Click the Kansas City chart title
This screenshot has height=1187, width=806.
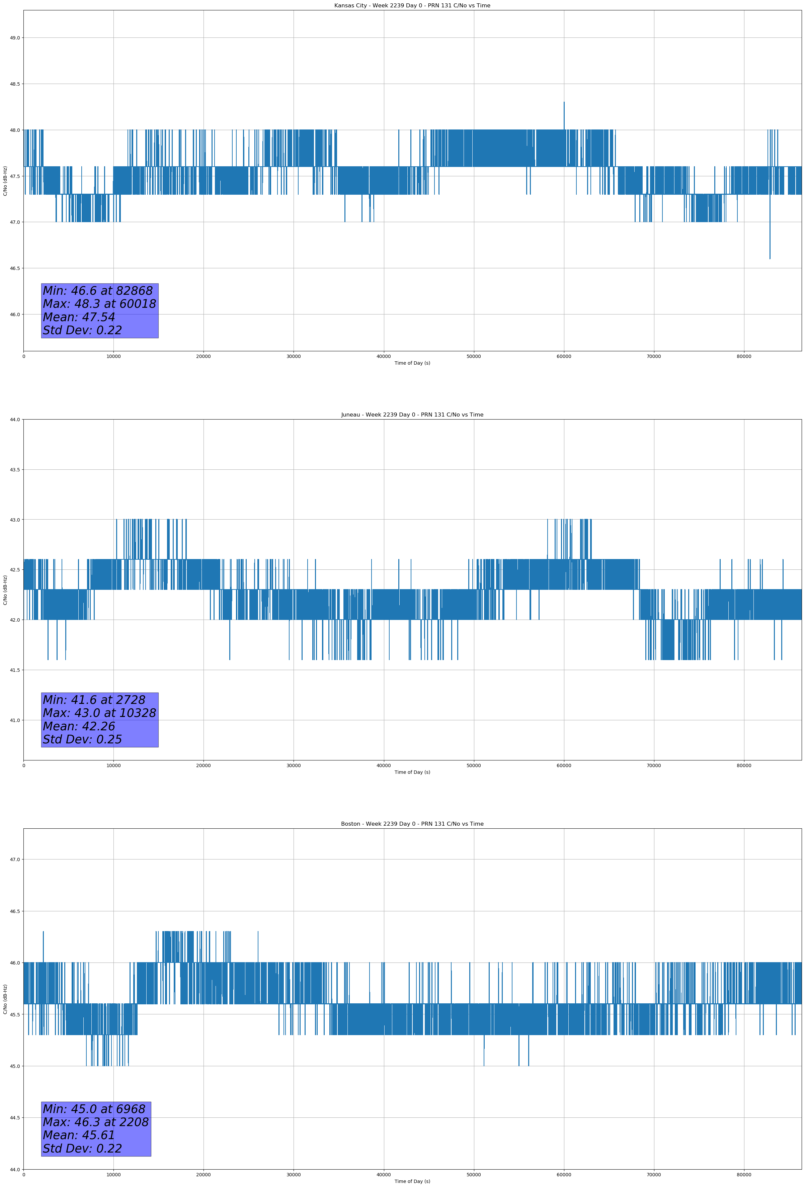(412, 6)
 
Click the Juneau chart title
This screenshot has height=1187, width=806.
(412, 415)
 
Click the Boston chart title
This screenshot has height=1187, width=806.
(412, 824)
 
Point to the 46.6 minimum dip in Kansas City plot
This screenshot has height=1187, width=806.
(770, 258)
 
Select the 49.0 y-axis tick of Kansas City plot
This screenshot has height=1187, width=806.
(15, 38)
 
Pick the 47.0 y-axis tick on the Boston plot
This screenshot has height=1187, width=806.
(15, 859)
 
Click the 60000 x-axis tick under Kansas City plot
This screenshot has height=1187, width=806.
(564, 357)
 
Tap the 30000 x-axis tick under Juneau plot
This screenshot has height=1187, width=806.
(293, 765)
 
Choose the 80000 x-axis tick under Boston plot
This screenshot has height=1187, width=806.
(744, 1175)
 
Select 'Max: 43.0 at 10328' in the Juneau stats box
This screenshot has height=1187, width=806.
(99, 713)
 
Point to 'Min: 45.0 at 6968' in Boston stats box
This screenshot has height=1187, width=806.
(94, 1109)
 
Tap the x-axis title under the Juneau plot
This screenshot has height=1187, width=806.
(412, 772)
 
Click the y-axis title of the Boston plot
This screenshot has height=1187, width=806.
(5, 999)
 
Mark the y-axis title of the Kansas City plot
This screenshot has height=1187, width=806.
(5, 181)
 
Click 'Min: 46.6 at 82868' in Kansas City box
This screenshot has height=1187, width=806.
(98, 291)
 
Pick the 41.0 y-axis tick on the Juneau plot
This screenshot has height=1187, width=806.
(15, 720)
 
